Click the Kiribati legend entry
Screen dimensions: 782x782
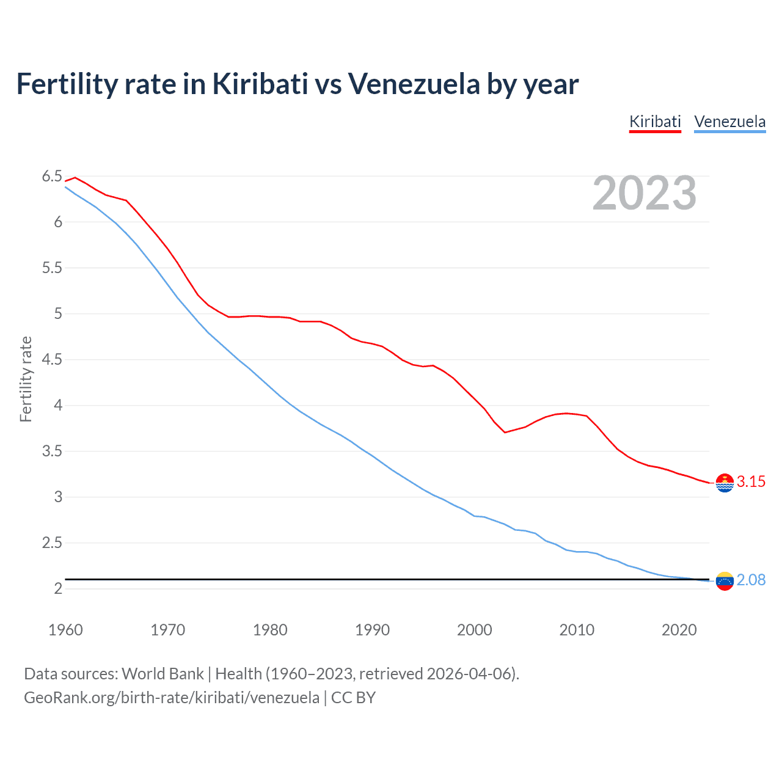pos(655,122)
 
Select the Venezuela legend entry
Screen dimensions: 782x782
pos(729,122)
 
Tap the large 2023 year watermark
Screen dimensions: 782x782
pos(645,193)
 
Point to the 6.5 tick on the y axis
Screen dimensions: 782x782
pos(52,177)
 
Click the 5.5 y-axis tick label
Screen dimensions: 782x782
pos(52,268)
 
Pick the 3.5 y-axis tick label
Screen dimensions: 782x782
pos(52,451)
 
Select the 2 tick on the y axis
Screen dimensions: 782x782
pos(58,589)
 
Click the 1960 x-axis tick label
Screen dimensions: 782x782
pos(65,630)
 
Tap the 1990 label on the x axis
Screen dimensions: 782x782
pos(372,630)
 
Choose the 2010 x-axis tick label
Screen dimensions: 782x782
pos(576,630)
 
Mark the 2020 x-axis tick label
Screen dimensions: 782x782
pos(679,630)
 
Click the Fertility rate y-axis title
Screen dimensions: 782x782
pos(26,379)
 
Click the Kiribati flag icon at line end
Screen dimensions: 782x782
pos(725,483)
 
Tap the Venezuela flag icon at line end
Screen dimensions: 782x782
pos(725,581)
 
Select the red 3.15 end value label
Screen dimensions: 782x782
pos(751,482)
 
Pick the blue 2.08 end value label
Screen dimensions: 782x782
pos(751,580)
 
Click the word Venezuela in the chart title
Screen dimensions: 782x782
pos(414,84)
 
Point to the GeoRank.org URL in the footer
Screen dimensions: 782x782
pos(171,698)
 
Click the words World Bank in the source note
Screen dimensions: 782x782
pos(163,674)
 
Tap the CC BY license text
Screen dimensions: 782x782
pos(353,698)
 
